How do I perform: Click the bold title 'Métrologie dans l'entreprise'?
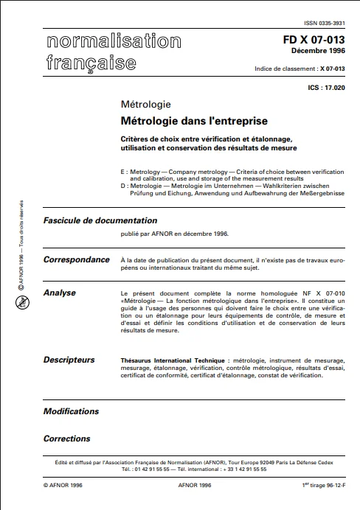tap(193, 120)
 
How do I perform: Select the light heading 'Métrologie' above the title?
tap(145, 104)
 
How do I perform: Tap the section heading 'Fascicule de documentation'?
tap(100, 220)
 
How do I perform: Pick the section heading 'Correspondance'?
tap(76, 259)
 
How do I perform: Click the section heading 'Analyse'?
tap(60, 293)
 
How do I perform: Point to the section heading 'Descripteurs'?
tap(69, 360)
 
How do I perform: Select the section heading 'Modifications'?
tap(71, 411)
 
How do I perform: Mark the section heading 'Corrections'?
tap(66, 439)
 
